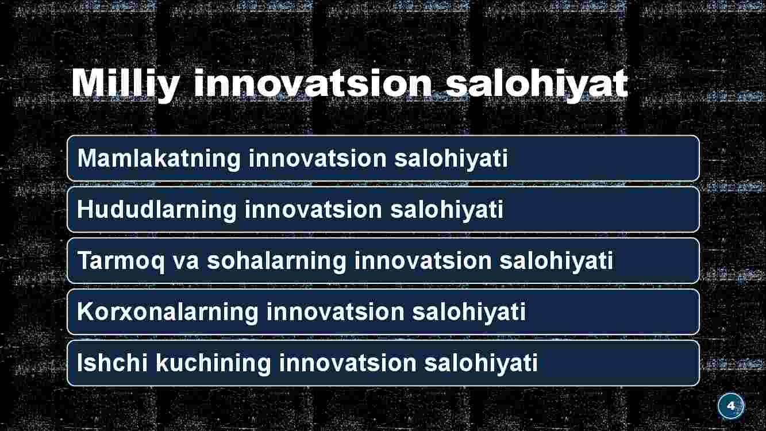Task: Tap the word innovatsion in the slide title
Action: click(313, 83)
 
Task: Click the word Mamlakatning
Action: click(159, 159)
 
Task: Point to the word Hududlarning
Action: click(157, 210)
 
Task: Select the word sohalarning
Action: click(276, 261)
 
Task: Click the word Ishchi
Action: click(112, 363)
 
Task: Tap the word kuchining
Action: click(213, 364)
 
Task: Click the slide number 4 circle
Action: click(731, 406)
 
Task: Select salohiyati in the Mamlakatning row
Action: click(451, 159)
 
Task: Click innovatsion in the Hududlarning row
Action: click(313, 209)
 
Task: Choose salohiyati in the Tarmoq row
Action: click(556, 261)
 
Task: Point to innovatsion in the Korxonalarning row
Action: click(335, 312)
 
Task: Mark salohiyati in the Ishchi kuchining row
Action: click(481, 364)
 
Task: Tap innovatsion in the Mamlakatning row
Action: click(317, 159)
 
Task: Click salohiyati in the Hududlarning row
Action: click(447, 210)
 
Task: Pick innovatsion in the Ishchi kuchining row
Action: click(348, 363)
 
